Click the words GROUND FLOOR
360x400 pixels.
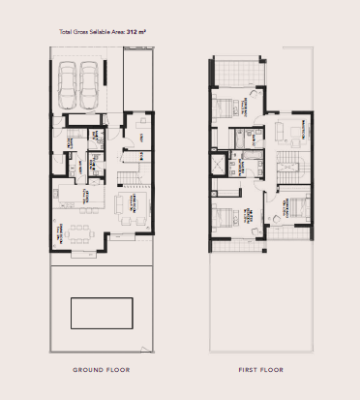pyautogui.click(x=102, y=370)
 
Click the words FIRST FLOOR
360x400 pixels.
pyautogui.click(x=259, y=370)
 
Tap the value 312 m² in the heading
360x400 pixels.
pyautogui.click(x=134, y=33)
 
